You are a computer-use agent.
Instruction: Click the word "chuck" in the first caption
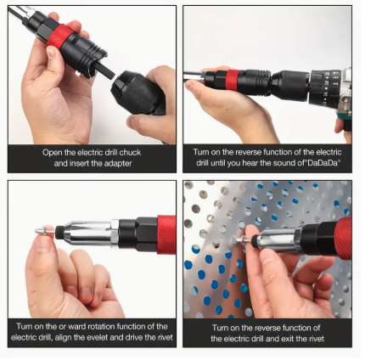tap(130, 153)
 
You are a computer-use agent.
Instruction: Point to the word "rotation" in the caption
tap(100, 327)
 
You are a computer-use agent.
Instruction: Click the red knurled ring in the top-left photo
tap(59, 36)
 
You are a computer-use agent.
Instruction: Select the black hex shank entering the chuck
tap(104, 70)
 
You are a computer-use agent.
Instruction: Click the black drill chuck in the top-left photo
tap(138, 92)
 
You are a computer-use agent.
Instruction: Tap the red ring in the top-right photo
tap(233, 80)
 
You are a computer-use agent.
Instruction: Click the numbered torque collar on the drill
tap(325, 88)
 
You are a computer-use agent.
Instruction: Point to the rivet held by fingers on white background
tap(45, 231)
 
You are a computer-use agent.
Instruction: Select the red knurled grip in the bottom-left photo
tap(166, 234)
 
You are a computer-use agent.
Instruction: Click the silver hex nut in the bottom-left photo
tap(115, 233)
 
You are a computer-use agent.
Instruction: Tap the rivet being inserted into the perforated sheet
tap(243, 240)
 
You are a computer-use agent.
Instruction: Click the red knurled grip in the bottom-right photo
tap(343, 239)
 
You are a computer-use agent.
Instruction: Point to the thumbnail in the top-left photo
tap(52, 52)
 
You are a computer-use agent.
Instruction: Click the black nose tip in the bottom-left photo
tap(59, 233)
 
